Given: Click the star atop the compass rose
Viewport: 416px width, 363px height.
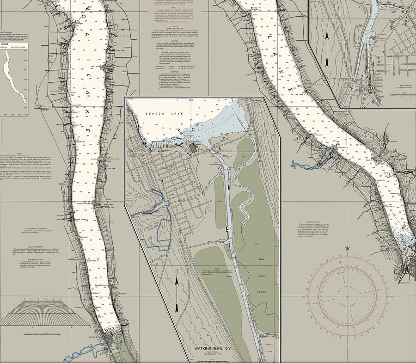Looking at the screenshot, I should pos(348,248).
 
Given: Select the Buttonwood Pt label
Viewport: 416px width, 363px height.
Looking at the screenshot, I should pos(94,261).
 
